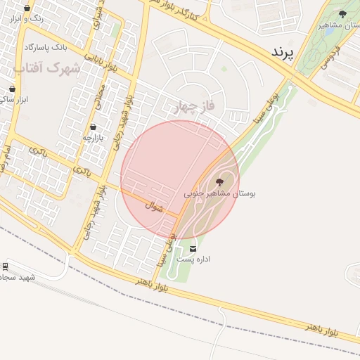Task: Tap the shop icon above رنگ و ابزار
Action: (x=27, y=8)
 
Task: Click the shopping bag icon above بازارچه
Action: (x=93, y=127)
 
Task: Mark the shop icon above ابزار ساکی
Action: (x=12, y=89)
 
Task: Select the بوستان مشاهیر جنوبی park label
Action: (x=219, y=193)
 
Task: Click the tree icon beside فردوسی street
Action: (x=342, y=13)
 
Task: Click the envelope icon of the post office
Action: (x=193, y=249)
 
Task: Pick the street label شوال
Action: (x=154, y=207)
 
